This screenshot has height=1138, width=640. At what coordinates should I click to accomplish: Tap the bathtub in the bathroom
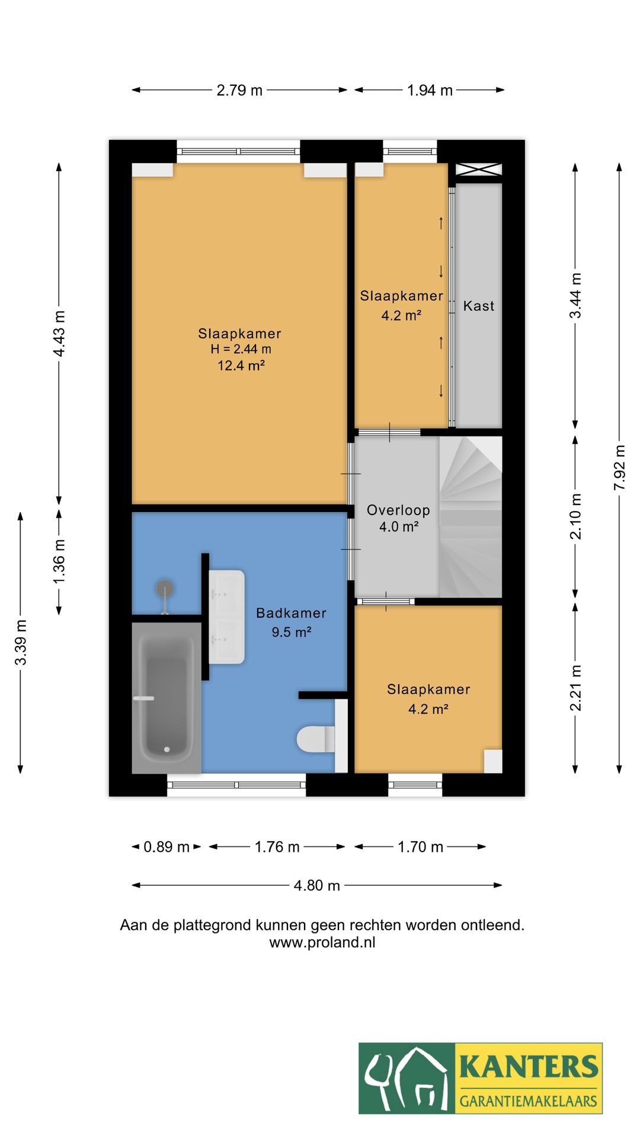click(x=167, y=698)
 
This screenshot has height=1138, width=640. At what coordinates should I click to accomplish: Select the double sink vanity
click(x=226, y=616)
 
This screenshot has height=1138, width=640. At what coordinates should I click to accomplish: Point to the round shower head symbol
click(x=165, y=589)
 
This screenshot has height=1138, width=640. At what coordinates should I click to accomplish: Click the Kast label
click(x=479, y=306)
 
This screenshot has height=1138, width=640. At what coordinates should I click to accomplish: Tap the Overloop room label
click(x=398, y=510)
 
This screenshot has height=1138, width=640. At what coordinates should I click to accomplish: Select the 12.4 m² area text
click(x=241, y=366)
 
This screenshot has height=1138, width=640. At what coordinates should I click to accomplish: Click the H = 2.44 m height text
click(x=241, y=350)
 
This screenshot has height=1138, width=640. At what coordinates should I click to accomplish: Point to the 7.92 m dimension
click(x=619, y=468)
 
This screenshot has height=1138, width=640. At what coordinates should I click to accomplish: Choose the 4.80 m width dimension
click(x=317, y=886)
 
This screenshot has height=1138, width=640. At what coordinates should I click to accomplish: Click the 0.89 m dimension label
click(x=167, y=847)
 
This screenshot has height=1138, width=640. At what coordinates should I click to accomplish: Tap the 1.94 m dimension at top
click(x=430, y=90)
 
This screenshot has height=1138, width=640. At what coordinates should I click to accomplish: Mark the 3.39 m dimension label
click(x=21, y=642)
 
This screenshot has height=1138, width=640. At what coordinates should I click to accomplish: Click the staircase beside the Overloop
click(x=471, y=517)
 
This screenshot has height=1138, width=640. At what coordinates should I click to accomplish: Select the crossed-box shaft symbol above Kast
click(x=479, y=170)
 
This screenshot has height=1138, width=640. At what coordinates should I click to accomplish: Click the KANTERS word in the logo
click(x=529, y=1066)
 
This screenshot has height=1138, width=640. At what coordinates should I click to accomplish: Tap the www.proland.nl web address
click(x=322, y=942)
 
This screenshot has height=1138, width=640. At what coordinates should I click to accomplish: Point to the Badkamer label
click(x=291, y=613)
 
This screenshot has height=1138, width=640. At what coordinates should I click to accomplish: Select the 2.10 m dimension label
click(x=575, y=516)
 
